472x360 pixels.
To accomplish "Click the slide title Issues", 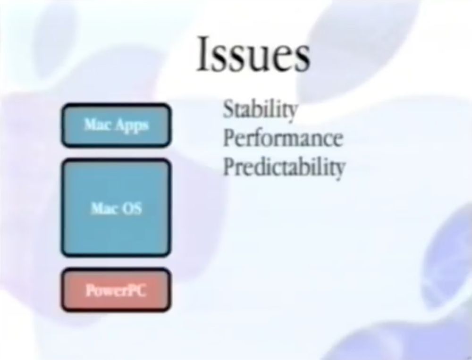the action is click(253, 54).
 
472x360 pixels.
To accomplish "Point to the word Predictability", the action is click(284, 167).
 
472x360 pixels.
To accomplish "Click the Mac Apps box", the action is click(116, 125).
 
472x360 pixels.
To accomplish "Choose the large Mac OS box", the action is click(116, 208).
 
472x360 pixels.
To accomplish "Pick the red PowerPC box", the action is click(116, 290).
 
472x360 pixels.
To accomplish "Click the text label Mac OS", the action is click(116, 208).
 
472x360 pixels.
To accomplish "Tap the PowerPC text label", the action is click(116, 291).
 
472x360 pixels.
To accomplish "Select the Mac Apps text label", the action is click(116, 125).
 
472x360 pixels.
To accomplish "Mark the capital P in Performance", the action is click(229, 138).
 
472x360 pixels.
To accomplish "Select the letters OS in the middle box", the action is click(133, 208).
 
